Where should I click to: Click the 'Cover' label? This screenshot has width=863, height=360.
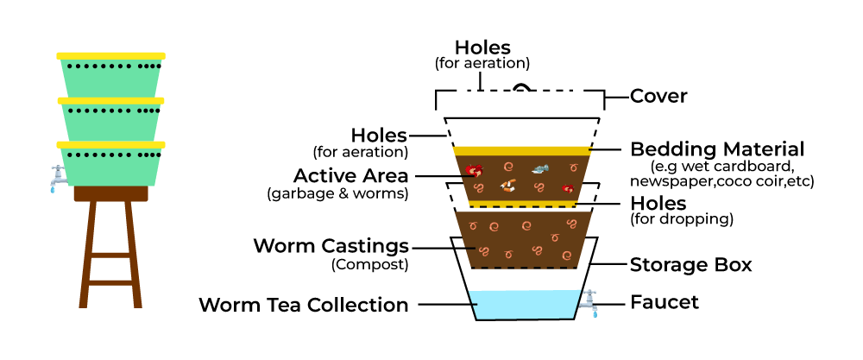(x=658, y=96)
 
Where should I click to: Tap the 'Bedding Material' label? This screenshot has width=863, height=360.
(x=717, y=149)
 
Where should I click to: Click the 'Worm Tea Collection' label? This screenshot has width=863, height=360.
(x=303, y=305)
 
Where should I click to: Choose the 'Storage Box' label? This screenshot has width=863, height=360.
(x=690, y=264)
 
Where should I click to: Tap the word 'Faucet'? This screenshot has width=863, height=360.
(x=664, y=303)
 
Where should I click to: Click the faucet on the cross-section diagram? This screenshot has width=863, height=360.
(x=589, y=301)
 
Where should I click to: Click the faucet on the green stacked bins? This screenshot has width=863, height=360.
(x=57, y=177)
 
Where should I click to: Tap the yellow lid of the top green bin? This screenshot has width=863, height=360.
(x=110, y=56)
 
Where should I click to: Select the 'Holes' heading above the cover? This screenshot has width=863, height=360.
(x=482, y=47)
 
